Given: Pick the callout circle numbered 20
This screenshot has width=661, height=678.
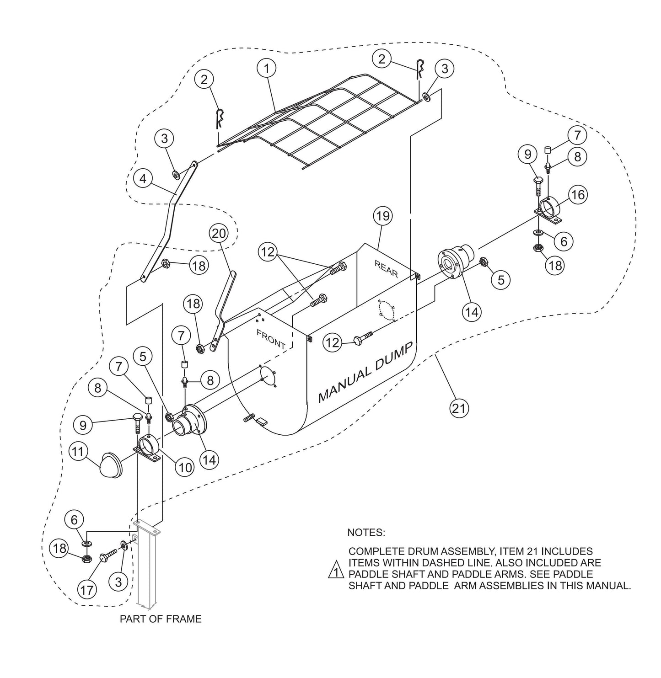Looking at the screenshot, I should [219, 233].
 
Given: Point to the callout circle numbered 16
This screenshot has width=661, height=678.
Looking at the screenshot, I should [578, 195].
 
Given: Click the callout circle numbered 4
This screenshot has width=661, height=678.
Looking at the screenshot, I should [144, 179].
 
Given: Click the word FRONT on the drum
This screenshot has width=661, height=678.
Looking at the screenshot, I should [271, 338].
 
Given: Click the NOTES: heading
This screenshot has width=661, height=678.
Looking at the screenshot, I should [366, 533].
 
